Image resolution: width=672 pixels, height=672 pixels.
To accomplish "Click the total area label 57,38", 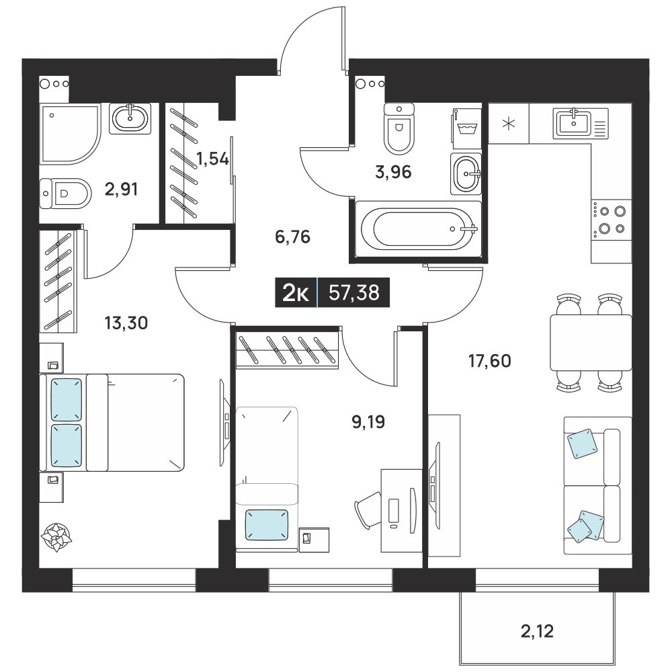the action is tap(354, 293).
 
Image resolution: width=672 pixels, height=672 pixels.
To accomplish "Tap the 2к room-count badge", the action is tap(296, 293).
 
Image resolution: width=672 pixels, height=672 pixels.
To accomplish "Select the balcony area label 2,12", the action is tap(537, 631).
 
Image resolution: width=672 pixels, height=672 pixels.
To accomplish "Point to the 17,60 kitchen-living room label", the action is tap(490, 361).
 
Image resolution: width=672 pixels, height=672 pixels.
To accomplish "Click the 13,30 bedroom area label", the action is tap(126, 323).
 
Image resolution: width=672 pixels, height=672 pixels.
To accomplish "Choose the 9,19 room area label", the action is tap(368, 422).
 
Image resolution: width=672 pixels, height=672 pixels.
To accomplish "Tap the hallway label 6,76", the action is tap(293, 237).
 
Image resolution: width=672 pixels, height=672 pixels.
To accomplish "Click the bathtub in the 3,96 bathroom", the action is tap(418, 229).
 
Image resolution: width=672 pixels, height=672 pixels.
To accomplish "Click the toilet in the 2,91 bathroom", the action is tap(66, 194).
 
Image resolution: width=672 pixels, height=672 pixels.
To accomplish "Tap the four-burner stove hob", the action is tap(610, 220).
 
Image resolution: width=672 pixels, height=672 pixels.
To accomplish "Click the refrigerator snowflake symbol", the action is tap(509, 124).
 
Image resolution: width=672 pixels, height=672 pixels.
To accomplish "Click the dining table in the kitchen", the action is tap(591, 343).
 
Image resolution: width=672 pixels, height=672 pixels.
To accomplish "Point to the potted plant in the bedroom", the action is tap(56, 536).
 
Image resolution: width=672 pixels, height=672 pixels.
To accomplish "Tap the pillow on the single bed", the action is tap(267, 525).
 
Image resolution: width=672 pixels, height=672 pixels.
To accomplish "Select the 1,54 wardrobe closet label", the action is tap(212, 159).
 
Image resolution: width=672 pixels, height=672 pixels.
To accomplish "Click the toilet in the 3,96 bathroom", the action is tap(399, 128).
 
